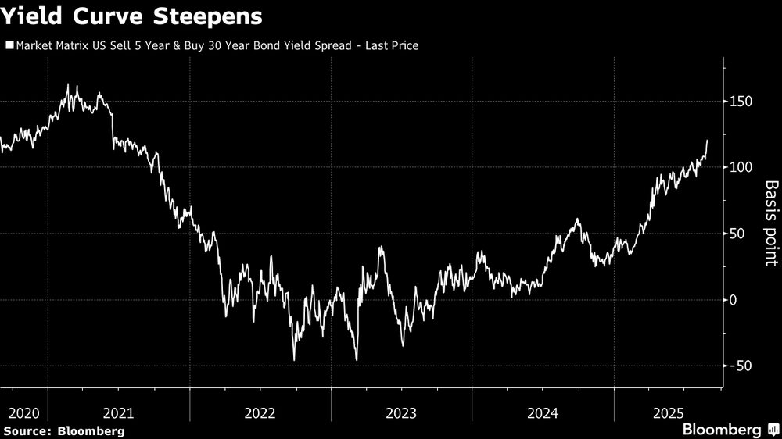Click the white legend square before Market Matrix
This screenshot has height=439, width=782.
[x=9, y=46]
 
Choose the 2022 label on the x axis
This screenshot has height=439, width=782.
[x=260, y=412]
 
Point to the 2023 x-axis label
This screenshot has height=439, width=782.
[x=401, y=412]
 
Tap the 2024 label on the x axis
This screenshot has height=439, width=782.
[x=543, y=412]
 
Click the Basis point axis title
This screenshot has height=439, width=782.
[x=772, y=223]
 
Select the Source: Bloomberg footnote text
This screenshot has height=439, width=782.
[x=64, y=430]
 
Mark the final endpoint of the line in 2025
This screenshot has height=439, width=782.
[x=707, y=141]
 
